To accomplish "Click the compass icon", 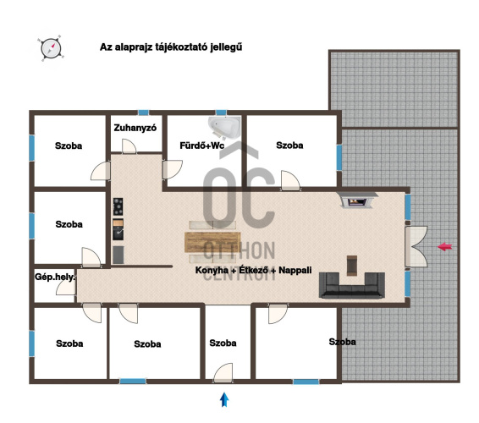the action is [x=51, y=48].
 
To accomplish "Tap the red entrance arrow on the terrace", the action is [x=445, y=247].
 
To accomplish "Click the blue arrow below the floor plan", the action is [x=224, y=399].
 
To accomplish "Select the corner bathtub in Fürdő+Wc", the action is [x=224, y=128].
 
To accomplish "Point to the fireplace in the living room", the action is [x=357, y=200].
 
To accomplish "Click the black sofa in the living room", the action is [x=352, y=285].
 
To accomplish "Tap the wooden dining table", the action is [x=212, y=242].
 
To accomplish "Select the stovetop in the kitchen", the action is [x=118, y=206].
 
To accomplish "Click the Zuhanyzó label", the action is [x=135, y=128].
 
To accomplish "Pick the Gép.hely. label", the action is [x=55, y=277].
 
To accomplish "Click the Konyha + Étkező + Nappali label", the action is [x=254, y=270].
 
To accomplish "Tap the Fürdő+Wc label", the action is [x=202, y=146].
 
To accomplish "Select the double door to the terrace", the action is [x=416, y=246].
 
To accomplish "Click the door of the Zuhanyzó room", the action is [x=129, y=146].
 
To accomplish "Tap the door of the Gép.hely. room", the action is [x=66, y=287].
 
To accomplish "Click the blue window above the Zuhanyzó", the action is [x=143, y=113].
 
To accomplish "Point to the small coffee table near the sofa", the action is [x=352, y=266].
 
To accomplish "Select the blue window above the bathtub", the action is [x=221, y=113].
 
